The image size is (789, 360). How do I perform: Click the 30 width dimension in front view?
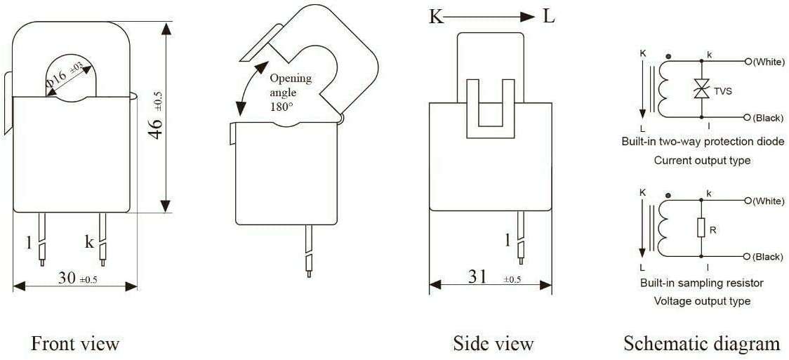(67, 279)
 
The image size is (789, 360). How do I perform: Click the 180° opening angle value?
(281, 107)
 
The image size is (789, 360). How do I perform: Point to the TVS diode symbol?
(700, 88)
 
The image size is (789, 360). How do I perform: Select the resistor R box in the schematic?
(700, 228)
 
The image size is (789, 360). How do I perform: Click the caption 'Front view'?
(75, 344)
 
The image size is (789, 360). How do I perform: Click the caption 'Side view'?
(493, 344)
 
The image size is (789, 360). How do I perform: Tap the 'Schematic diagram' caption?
(701, 344)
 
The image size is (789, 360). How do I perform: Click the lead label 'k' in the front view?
(89, 242)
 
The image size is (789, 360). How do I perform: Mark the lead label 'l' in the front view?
(29, 243)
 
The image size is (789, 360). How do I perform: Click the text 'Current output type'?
(702, 161)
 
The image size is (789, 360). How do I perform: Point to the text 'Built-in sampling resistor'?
(701, 284)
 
